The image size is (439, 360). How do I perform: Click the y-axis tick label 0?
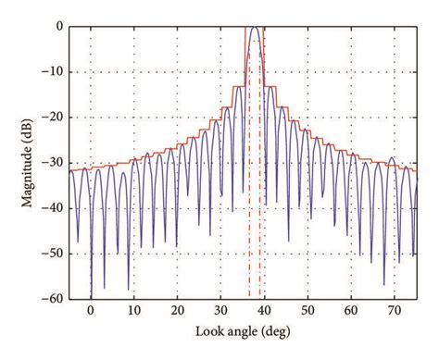coord(58,28)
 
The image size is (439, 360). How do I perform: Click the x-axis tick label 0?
coord(91,313)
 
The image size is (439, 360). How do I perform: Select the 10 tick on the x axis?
coord(133,313)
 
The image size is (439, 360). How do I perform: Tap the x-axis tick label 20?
coord(177,313)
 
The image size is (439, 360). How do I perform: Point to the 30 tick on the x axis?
coord(220,313)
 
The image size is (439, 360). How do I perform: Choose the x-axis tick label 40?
coord(264,313)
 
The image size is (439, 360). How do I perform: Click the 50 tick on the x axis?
coord(307,313)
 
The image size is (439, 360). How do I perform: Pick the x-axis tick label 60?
coord(350,313)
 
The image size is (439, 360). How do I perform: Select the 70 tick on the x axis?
coord(394,313)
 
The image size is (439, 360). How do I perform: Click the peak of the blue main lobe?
coord(255,28)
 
